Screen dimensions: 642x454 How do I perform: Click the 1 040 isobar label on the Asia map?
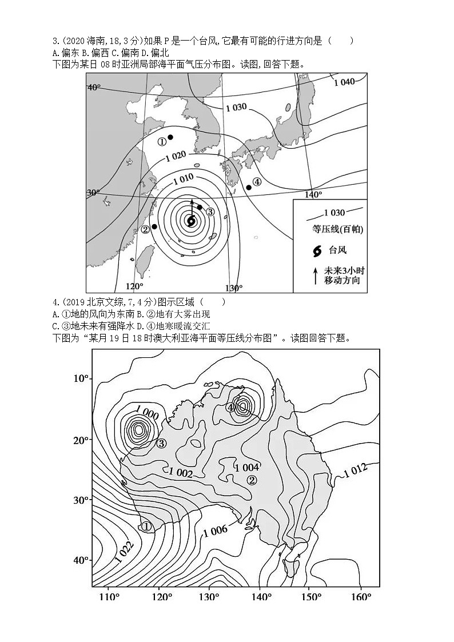pos(344,82)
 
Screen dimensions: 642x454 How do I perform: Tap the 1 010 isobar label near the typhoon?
pos(182,178)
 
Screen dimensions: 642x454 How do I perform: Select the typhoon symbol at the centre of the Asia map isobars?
pos(191,220)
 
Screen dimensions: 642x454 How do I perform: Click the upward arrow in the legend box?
pos(315,276)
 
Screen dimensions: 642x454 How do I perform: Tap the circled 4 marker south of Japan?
pos(257,182)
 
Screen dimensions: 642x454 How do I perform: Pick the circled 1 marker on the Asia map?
pos(162,142)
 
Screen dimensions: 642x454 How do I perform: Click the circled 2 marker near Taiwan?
pos(145,229)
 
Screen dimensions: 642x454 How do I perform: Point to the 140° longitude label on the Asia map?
pos(313,195)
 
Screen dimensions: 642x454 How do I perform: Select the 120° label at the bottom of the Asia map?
pos(134,286)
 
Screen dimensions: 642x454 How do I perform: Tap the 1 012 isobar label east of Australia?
pos(355,470)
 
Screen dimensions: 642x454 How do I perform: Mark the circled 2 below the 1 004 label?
pos(252,480)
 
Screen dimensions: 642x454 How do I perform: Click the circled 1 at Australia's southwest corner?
pos(146,527)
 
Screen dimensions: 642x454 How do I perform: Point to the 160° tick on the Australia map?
pos(361,597)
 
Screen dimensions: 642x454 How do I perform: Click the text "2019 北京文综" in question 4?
pos(91,302)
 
